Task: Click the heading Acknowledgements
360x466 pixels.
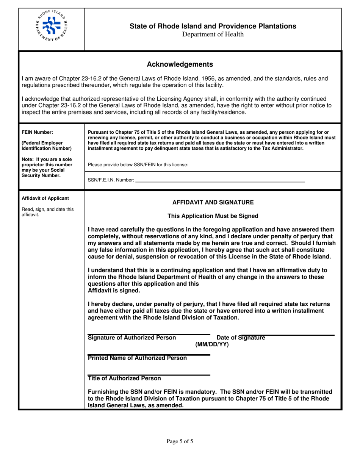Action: pos(180,64)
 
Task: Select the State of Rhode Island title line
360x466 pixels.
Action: pos(213,26)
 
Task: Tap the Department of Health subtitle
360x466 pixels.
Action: pos(213,34)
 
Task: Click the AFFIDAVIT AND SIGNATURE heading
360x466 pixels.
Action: pos(213,202)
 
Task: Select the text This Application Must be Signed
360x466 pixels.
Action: pos(213,216)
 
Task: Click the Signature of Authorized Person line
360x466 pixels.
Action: pos(149,334)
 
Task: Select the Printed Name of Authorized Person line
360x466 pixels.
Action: pos(149,355)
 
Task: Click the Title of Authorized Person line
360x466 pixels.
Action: pos(149,375)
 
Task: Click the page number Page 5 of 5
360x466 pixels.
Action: pos(180,441)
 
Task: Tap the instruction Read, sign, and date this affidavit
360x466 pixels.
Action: pos(48,211)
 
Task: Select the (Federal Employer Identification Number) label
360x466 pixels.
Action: pos(44,145)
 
